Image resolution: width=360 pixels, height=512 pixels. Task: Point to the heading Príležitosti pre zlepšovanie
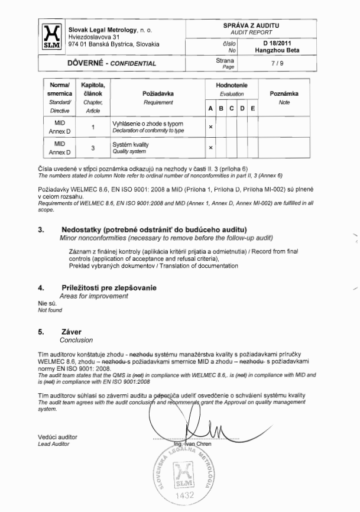[109, 287]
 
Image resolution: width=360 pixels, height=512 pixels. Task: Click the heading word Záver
[71, 332]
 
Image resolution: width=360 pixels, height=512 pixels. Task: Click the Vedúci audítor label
[56, 436]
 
